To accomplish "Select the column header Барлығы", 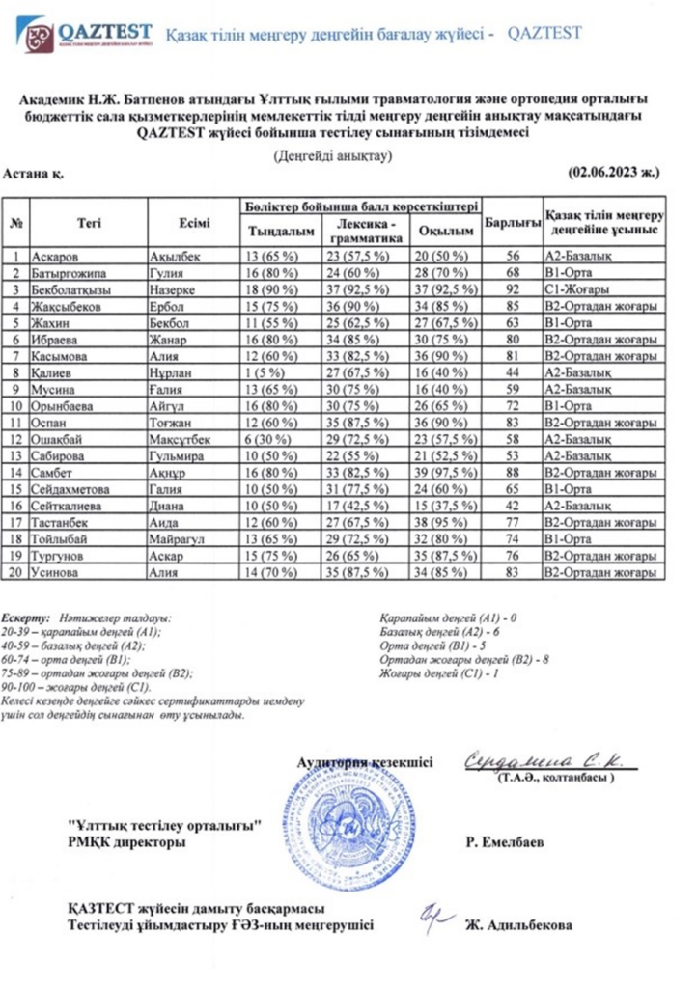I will [512, 223].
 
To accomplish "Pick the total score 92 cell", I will [512, 289].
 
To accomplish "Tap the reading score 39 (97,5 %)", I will [445, 473].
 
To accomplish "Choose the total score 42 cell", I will [512, 507].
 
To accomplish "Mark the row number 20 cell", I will [16, 573].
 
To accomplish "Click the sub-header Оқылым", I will [445, 233].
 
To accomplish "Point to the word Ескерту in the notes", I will [26, 616].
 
